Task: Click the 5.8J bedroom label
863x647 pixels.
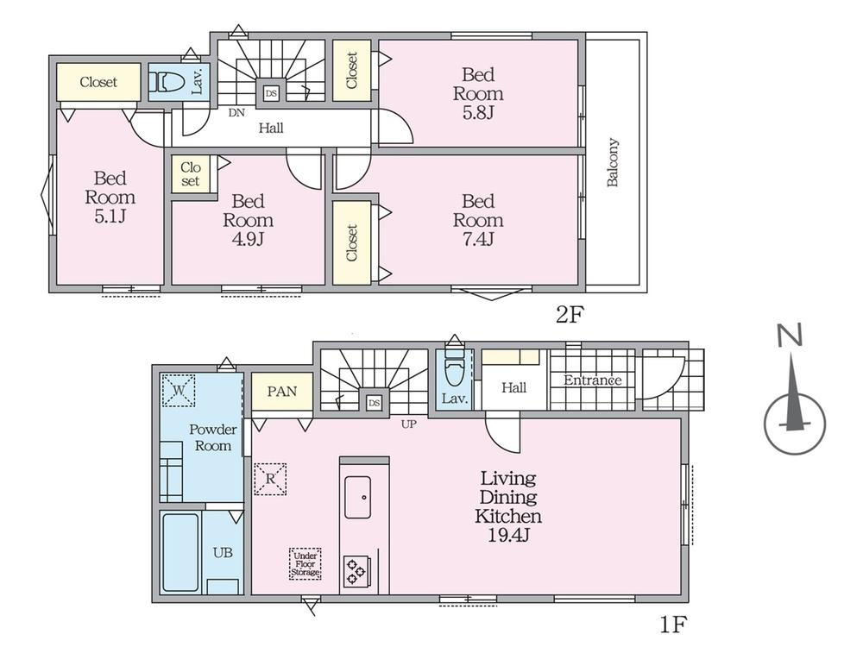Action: tap(478, 93)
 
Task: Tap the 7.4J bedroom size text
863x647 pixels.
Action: tap(478, 239)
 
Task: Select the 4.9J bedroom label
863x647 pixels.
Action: tap(248, 220)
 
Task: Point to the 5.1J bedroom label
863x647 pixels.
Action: tap(110, 197)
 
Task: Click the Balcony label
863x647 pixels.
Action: tap(613, 162)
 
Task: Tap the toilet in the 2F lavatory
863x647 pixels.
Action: tap(169, 82)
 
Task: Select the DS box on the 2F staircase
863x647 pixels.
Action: tap(271, 93)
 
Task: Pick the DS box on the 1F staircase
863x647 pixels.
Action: tap(375, 403)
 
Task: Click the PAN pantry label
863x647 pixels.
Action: tap(282, 391)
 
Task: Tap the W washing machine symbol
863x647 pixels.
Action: tap(179, 390)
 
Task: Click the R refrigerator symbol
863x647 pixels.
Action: tap(270, 479)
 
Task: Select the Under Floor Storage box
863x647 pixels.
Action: tap(306, 564)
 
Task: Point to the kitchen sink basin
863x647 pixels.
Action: tap(358, 498)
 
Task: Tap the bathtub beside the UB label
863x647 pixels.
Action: tap(180, 552)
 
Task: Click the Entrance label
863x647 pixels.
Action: tap(592, 380)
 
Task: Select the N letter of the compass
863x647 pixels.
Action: tap(790, 335)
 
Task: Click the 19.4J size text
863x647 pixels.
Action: tap(508, 535)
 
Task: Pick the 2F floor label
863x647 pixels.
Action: tap(569, 315)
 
